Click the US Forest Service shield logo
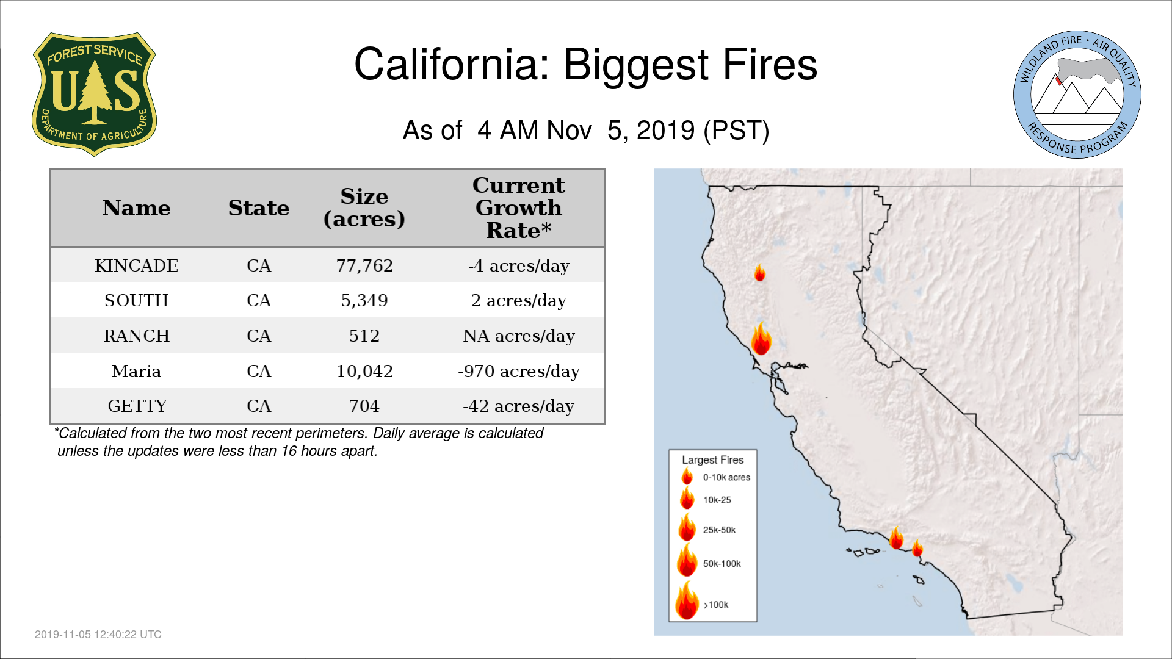94,94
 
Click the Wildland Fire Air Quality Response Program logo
1077,95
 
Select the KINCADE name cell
137,266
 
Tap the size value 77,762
364,266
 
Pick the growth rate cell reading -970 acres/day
519,371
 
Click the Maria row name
137,371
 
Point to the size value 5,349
364,301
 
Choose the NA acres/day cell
519,336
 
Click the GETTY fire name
137,406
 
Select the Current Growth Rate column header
519,208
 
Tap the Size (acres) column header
364,208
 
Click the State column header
259,208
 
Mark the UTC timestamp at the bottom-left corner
98,635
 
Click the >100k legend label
716,605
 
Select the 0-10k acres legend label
726,477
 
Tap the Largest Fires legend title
713,460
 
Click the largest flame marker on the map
761,339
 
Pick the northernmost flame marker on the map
760,273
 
